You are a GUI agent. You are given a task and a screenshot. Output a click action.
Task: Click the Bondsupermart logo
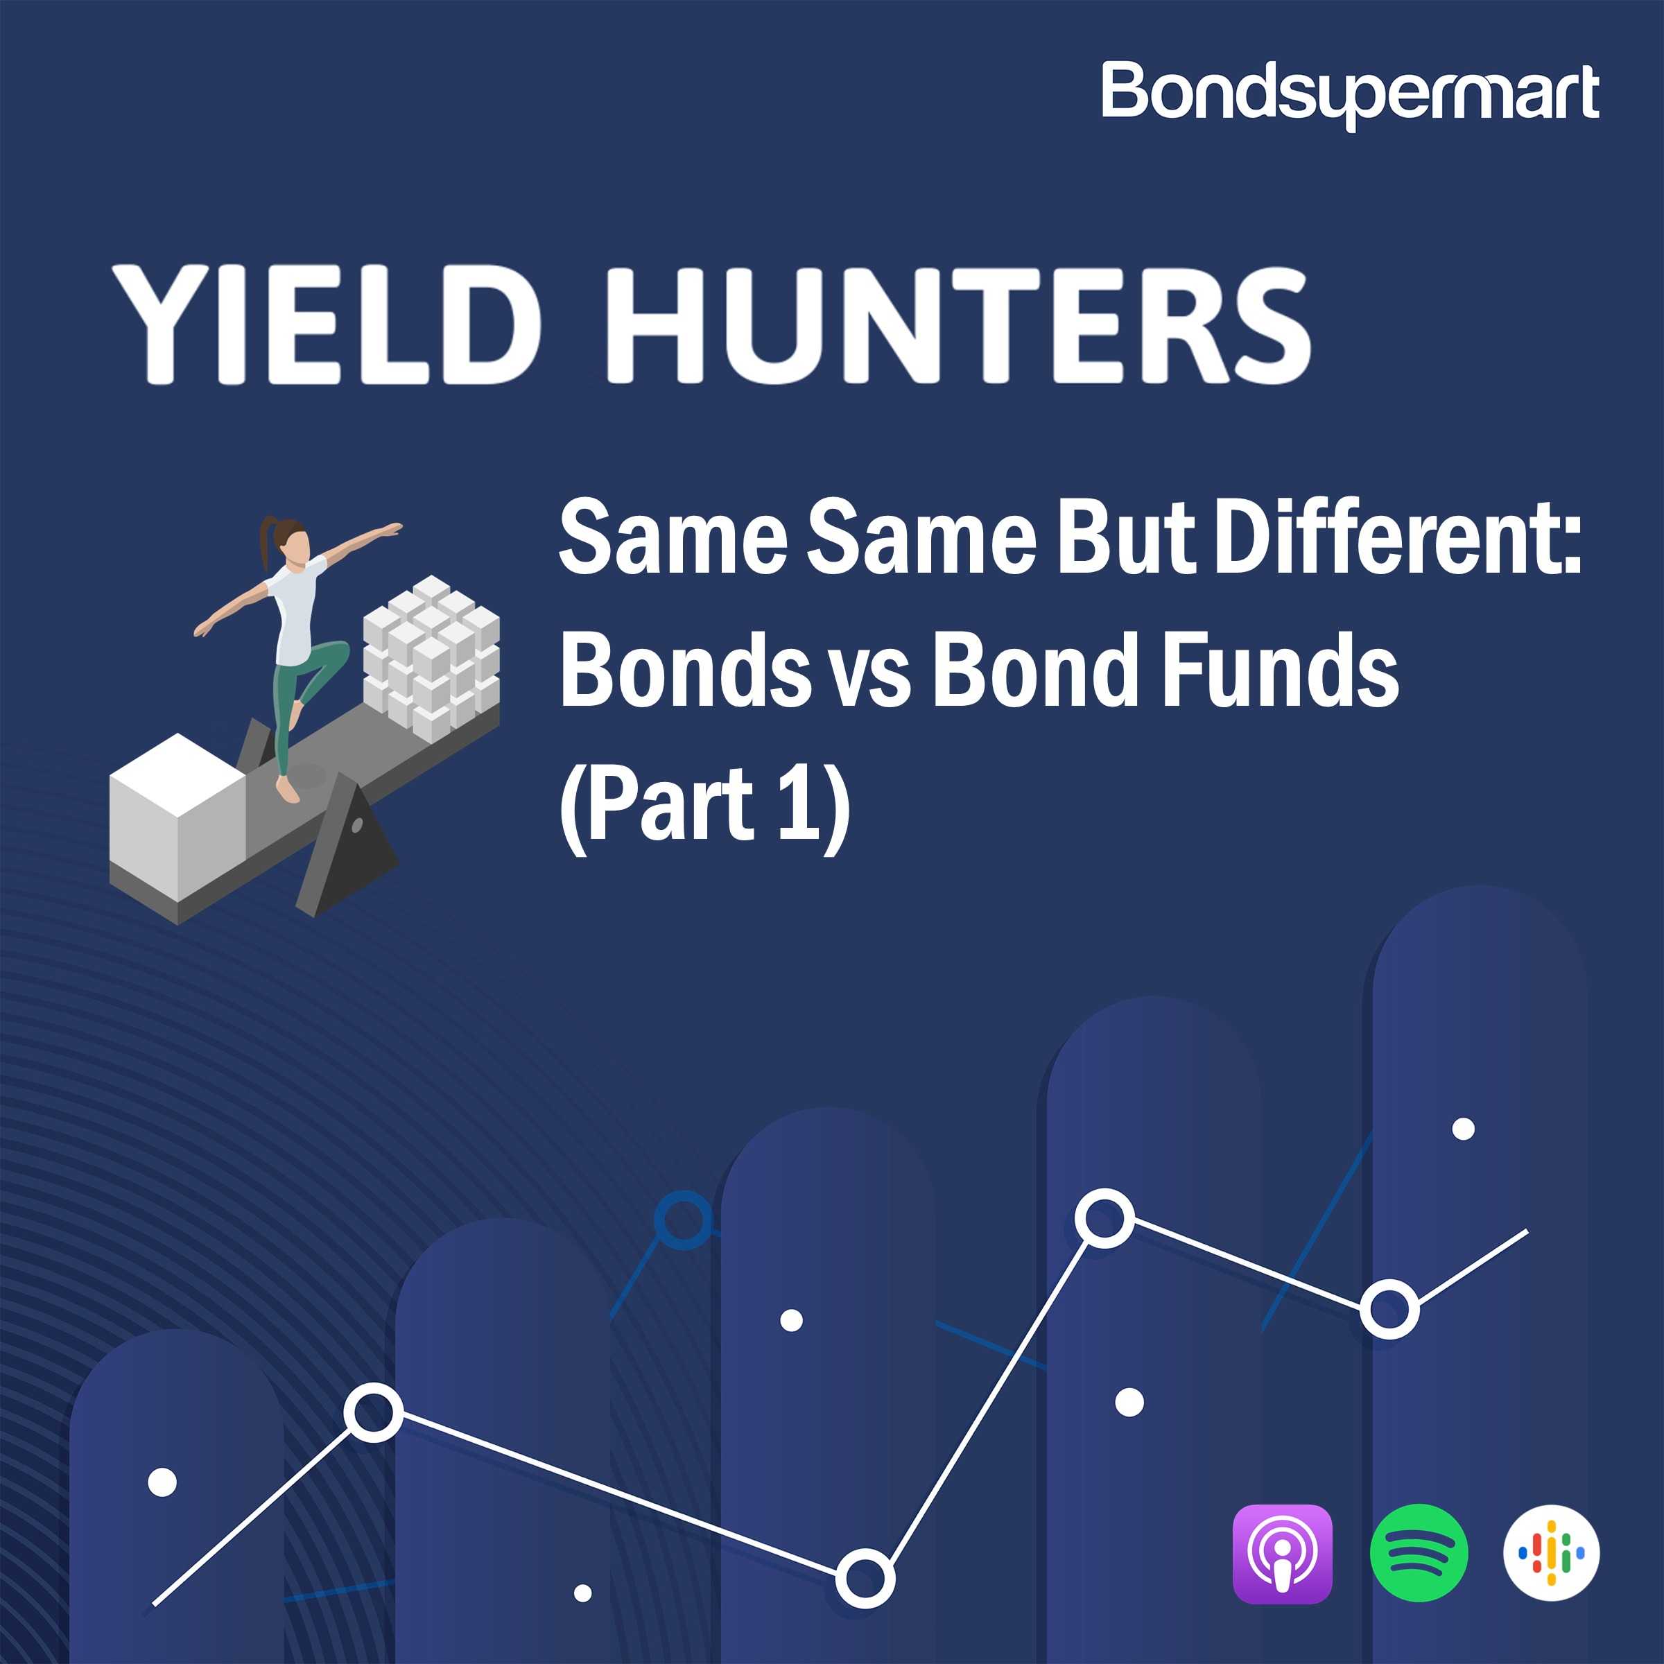tap(1350, 95)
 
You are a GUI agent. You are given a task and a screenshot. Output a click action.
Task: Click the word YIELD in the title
tap(327, 324)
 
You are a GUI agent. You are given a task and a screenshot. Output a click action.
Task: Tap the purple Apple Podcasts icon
tap(1283, 1554)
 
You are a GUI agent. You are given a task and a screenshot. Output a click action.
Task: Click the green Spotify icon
tap(1419, 1553)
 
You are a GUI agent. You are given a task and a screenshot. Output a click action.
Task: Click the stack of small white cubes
tap(431, 657)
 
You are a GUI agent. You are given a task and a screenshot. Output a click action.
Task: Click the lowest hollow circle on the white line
tap(865, 1578)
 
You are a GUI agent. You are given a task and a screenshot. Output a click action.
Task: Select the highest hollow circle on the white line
tap(1105, 1218)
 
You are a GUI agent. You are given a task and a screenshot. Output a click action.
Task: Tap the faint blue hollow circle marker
tap(684, 1219)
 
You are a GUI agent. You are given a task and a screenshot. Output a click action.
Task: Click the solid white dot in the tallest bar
tap(1464, 1128)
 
